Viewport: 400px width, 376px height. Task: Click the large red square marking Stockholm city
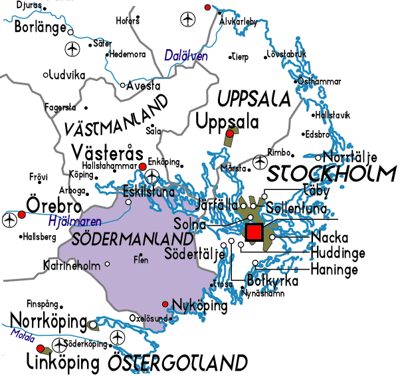click(x=254, y=232)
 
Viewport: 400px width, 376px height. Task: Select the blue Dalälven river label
click(x=186, y=56)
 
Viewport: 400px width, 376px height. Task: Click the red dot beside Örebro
click(x=22, y=215)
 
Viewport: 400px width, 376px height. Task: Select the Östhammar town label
click(x=320, y=81)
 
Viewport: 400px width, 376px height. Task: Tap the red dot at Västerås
click(x=142, y=166)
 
